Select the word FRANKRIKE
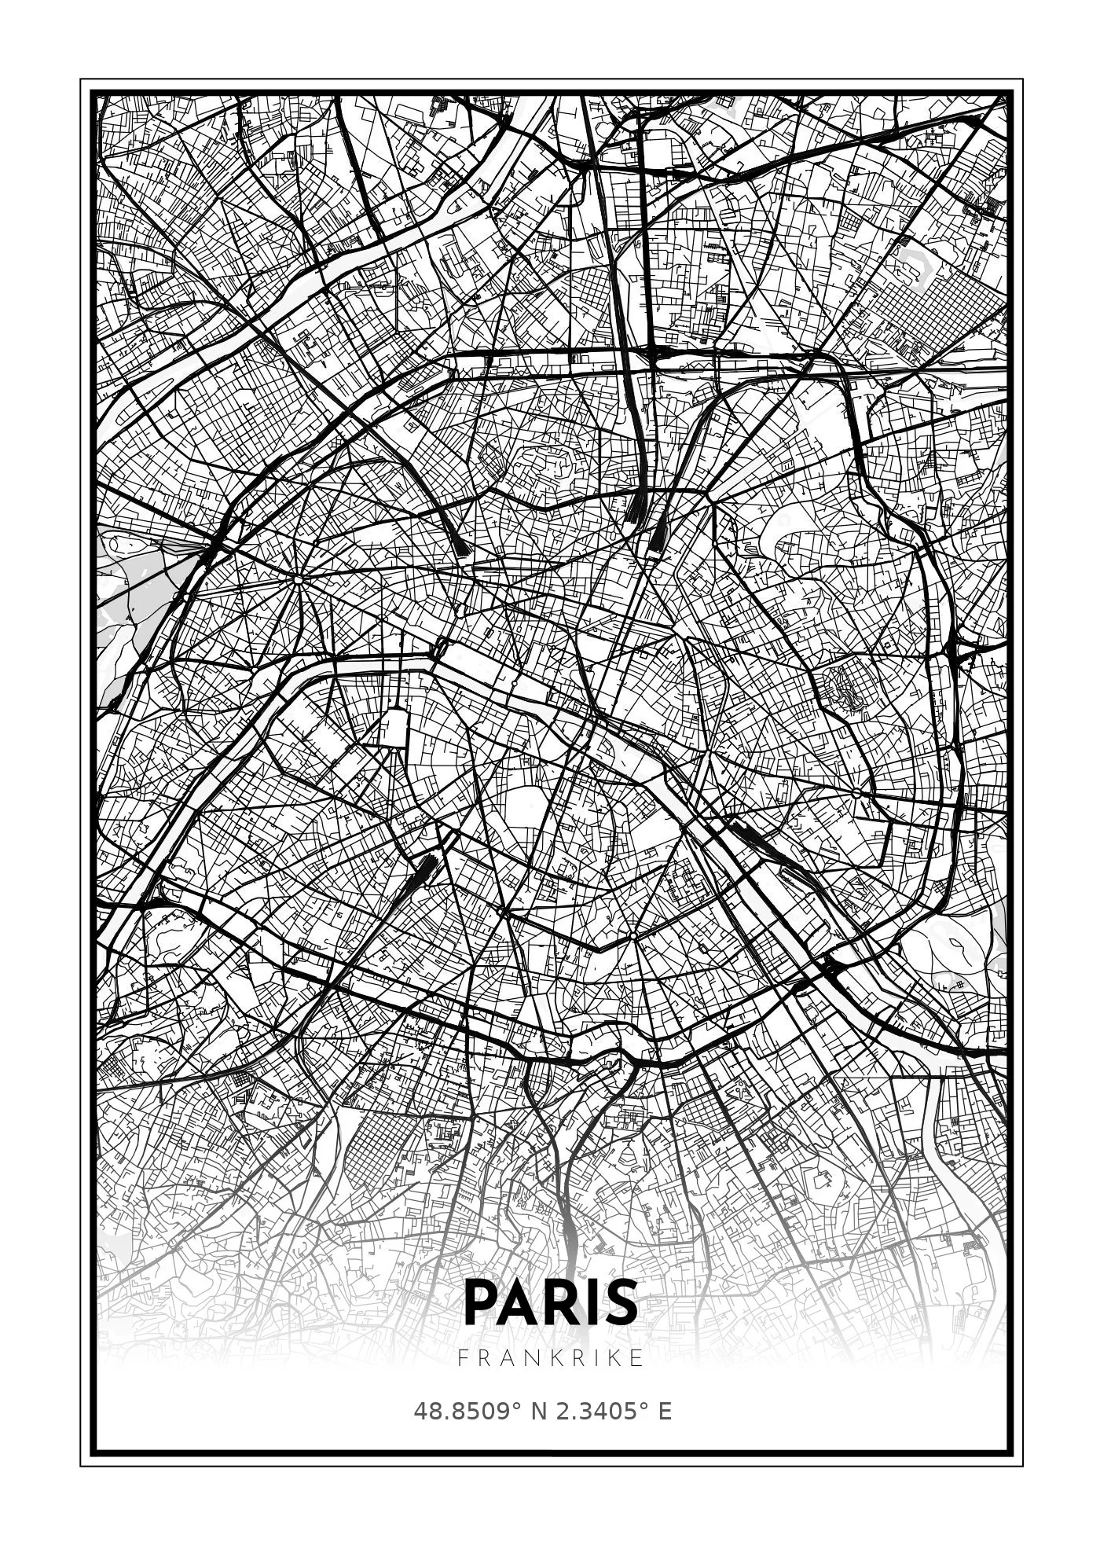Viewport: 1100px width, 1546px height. point(551,1357)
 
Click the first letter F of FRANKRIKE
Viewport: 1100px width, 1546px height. point(462,1357)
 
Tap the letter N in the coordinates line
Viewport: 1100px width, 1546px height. point(540,1411)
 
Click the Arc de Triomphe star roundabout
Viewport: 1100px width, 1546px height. point(299,580)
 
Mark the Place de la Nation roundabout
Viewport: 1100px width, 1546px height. point(856,794)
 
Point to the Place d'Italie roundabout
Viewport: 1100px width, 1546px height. point(632,936)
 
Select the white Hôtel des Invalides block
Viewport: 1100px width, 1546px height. point(395,727)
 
